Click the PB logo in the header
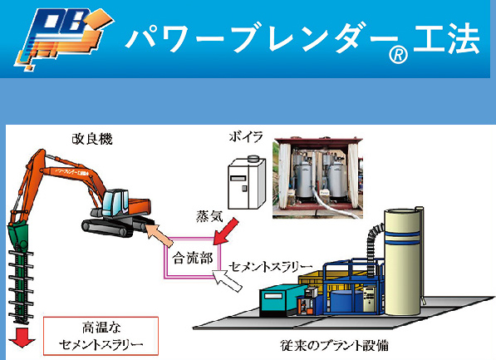pyautogui.click(x=63, y=38)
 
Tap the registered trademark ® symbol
pyautogui.click(x=398, y=55)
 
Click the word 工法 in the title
pyautogui.click(x=447, y=38)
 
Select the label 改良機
pyautogui.click(x=92, y=139)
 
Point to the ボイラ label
pyautogui.click(x=246, y=137)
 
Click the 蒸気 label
pyautogui.click(x=209, y=216)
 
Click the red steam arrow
pyautogui.click(x=226, y=231)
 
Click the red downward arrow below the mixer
pyautogui.click(x=22, y=338)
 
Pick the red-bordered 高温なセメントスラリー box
pyautogui.click(x=101, y=336)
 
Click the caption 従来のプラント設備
pyautogui.click(x=334, y=345)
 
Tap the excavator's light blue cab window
pyautogui.click(x=113, y=203)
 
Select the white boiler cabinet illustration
pyautogui.click(x=247, y=183)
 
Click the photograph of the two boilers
pyautogui.click(x=317, y=178)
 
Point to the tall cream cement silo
pyautogui.click(x=403, y=261)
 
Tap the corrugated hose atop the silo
pyautogui.click(x=373, y=247)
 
